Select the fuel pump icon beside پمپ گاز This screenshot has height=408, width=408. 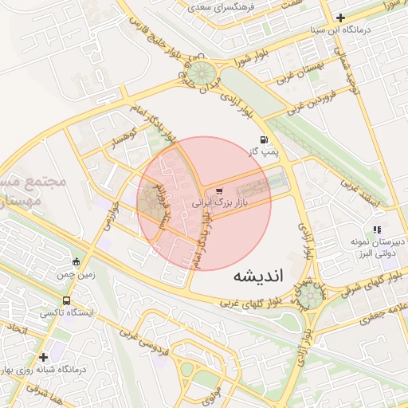pos(264,139)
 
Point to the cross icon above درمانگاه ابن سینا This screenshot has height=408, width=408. pos(341,18)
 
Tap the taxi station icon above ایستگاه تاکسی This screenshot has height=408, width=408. pos(65,301)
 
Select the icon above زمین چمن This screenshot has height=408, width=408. pos(76,261)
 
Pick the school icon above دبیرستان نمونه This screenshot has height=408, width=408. pos(376,229)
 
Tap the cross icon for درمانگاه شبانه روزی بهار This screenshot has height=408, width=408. pos(44,357)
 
